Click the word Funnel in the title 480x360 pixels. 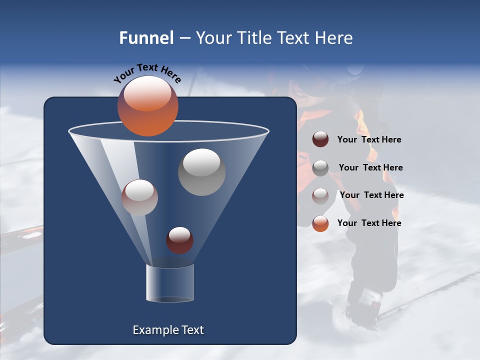coord(146,38)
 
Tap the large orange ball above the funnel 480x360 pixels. coord(148,106)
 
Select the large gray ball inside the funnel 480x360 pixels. coord(202,172)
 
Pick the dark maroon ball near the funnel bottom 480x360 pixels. coord(179,240)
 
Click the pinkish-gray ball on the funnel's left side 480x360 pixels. coord(139,197)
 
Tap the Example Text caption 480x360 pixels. coord(168,330)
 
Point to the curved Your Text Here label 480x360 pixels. coord(147,73)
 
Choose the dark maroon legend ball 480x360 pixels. coord(320,139)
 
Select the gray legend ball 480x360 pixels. coord(320,168)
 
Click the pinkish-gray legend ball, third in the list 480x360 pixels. coord(320,195)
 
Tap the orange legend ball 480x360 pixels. coord(320,223)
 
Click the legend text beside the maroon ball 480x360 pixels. coord(369,140)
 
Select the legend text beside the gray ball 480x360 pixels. coord(370,168)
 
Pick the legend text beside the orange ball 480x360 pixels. coord(369,223)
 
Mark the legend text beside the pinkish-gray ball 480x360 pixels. coord(371,195)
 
